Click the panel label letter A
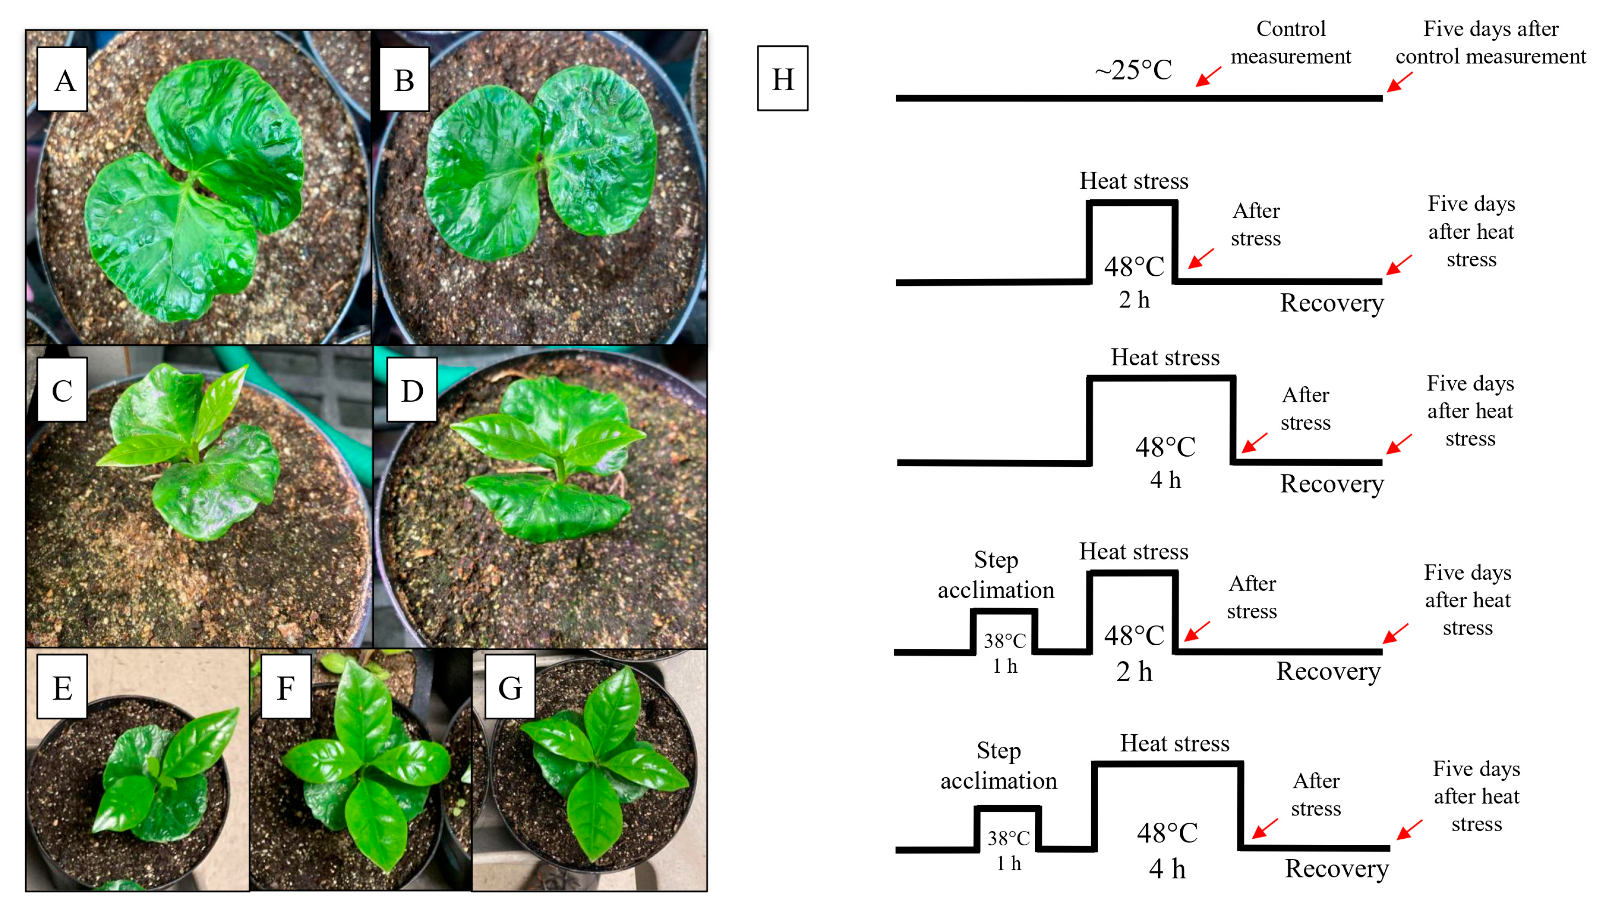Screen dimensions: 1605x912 point(63,80)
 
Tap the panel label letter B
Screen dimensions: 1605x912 point(404,80)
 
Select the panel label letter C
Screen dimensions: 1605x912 point(62,390)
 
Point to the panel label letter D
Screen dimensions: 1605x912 point(412,390)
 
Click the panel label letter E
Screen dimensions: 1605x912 point(62,687)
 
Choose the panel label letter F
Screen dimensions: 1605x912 point(286,687)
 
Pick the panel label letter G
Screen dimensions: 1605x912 point(510,687)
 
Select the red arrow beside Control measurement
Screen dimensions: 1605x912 point(1207,77)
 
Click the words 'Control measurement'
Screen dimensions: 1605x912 point(1290,42)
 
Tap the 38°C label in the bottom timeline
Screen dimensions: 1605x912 point(1008,837)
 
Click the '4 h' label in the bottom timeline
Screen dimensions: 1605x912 point(1166,868)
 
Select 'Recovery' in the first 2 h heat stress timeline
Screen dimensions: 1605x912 point(1331,303)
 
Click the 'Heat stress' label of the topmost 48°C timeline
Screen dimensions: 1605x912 point(1133,181)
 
